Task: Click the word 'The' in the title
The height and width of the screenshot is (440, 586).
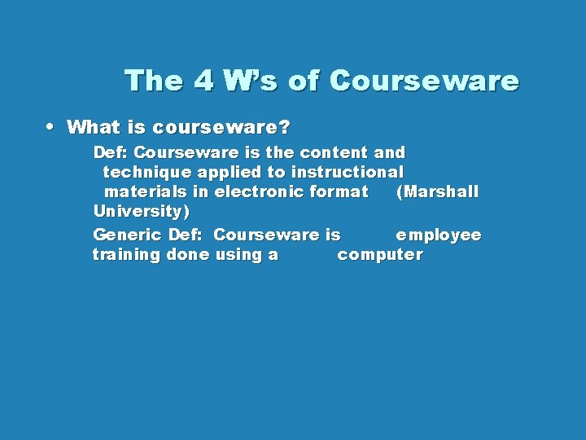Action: [153, 81]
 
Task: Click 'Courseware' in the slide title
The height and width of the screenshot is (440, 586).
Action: [424, 81]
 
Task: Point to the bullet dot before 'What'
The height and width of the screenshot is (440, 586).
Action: [50, 126]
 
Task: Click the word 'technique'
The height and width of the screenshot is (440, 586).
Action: [147, 172]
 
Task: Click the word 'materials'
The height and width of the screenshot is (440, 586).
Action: [146, 192]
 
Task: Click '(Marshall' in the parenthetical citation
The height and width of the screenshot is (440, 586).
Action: [437, 192]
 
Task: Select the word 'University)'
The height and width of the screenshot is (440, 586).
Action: [142, 212]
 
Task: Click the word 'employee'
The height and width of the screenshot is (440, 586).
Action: [439, 235]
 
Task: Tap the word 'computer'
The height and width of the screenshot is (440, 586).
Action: [380, 254]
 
